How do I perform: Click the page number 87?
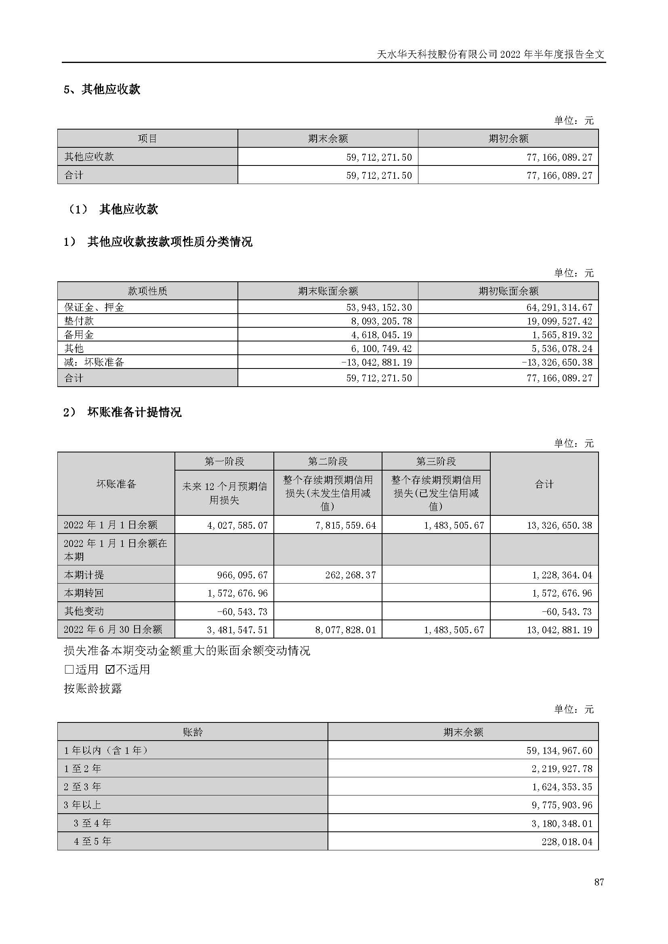pos(599,881)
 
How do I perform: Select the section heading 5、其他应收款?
pos(103,89)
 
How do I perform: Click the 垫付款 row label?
pos(79,321)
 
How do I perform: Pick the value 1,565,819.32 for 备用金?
pos(562,335)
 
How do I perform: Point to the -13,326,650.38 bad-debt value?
pos(557,362)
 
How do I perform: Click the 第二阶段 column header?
pos(328,461)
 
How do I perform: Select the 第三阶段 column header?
pos(436,461)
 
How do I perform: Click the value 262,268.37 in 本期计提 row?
pos(351,575)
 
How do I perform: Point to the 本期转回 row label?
pos(84,593)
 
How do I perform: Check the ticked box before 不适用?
pos(110,669)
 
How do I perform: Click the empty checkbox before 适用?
pos(69,669)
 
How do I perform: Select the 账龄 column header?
pos(193,732)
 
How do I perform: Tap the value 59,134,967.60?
pos(559,750)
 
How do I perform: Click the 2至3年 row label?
pos(83,787)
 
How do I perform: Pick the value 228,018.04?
pos(567,841)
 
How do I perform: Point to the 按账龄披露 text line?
pos(93,688)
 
